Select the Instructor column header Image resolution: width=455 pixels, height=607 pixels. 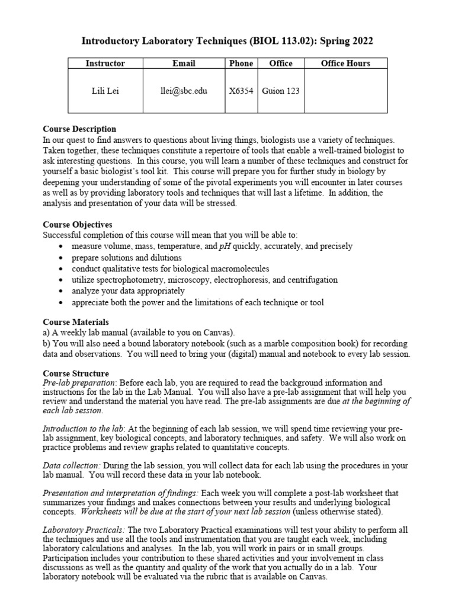click(x=105, y=63)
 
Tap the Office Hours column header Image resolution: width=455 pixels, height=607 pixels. click(x=345, y=63)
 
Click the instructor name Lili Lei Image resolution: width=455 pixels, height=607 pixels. click(x=105, y=91)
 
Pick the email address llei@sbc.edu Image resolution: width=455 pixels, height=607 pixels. click(x=184, y=91)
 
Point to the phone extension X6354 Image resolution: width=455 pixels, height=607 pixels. click(x=241, y=91)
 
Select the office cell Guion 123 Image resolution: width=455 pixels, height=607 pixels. click(x=281, y=91)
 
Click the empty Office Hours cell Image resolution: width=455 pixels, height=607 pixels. click(x=345, y=91)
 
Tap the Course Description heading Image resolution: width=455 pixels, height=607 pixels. click(x=79, y=129)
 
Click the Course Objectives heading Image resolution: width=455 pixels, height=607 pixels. click(x=78, y=225)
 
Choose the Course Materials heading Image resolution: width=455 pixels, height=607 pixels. click(x=76, y=322)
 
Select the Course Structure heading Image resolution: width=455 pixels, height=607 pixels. click(x=76, y=373)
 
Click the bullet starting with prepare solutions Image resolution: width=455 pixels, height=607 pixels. click(x=127, y=258)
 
